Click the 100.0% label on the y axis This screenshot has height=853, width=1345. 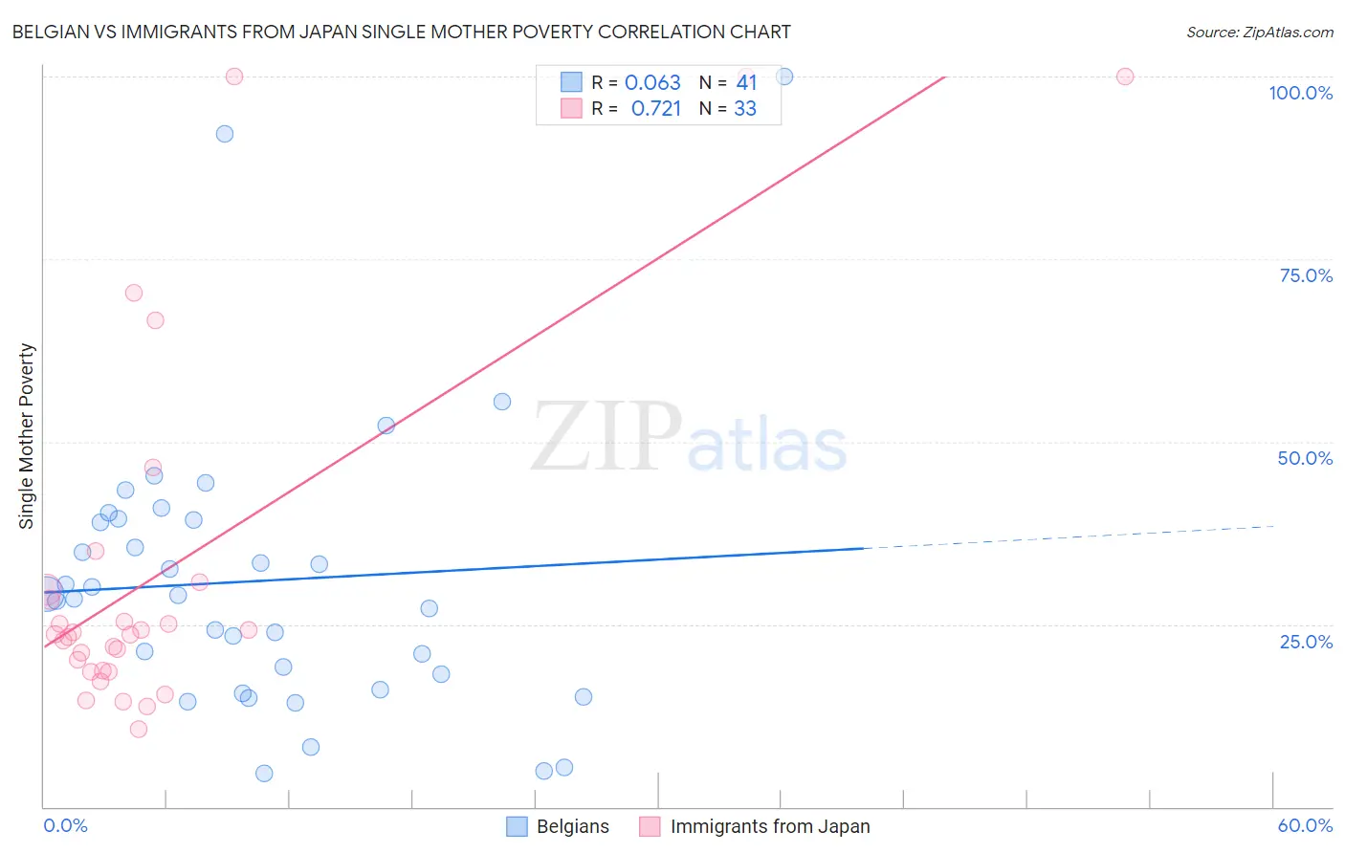[x=1300, y=93]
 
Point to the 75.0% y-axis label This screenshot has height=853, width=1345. [x=1306, y=275]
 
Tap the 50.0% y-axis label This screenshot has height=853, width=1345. [x=1305, y=458]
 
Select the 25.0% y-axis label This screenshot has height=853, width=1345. [x=1306, y=642]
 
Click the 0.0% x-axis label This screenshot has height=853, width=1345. [x=65, y=825]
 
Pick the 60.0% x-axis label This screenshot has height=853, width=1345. [x=1305, y=825]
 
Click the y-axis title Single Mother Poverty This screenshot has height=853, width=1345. [x=27, y=436]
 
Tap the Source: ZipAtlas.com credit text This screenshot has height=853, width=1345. [x=1259, y=32]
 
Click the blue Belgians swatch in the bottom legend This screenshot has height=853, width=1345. [x=517, y=826]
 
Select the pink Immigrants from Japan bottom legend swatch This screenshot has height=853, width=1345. [x=650, y=826]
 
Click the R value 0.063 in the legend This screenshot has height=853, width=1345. [x=652, y=83]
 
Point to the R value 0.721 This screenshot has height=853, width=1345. [x=656, y=109]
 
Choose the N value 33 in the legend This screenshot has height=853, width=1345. [x=745, y=109]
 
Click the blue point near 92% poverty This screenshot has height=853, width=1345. [x=225, y=134]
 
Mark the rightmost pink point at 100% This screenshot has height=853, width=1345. [x=1125, y=77]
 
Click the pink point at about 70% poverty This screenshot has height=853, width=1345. [x=134, y=294]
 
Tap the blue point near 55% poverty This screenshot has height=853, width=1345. [x=502, y=402]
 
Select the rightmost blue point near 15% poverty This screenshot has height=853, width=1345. [x=584, y=697]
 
